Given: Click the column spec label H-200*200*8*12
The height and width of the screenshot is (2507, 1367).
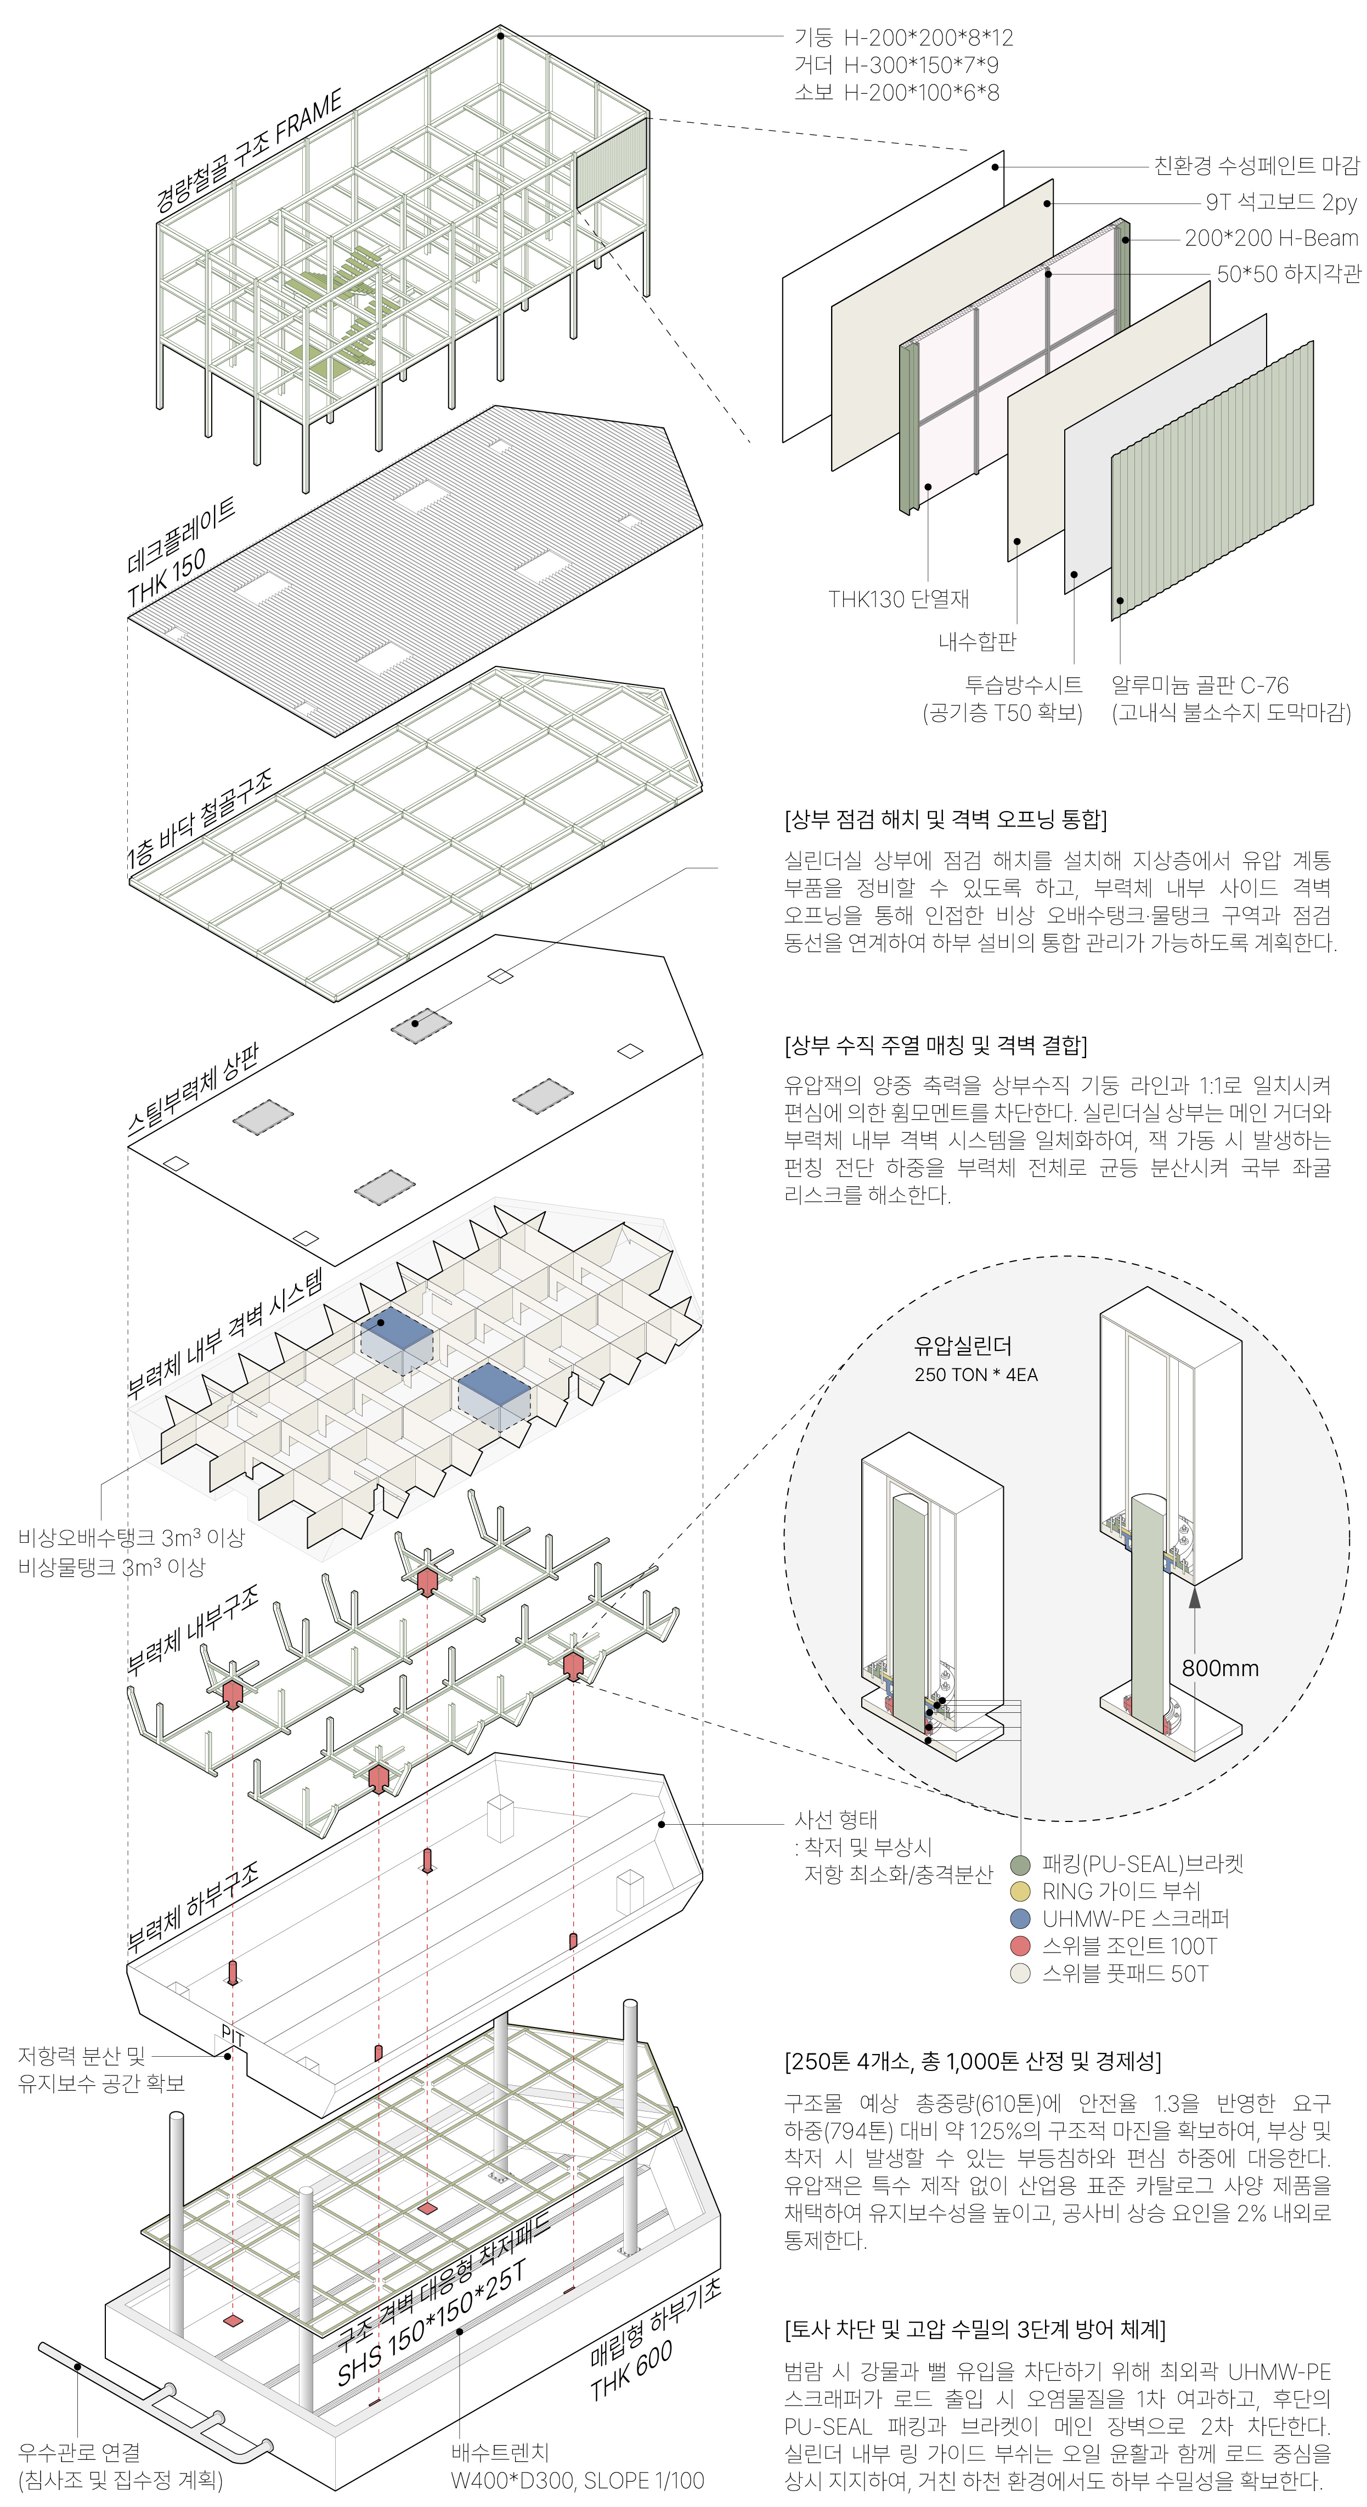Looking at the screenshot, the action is pos(928,38).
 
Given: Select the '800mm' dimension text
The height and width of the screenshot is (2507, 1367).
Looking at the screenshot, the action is pos(1220,1668).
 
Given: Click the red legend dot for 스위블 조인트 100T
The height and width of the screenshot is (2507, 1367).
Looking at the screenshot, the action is pos(1020,1946).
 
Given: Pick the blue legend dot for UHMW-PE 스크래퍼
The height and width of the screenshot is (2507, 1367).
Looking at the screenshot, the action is pos(1020,1919).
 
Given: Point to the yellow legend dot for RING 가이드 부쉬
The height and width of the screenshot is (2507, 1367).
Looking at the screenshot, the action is pos(1020,1892).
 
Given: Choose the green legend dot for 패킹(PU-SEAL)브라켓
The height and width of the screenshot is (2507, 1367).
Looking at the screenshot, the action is pos(1020,1865).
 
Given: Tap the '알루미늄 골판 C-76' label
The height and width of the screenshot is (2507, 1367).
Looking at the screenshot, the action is pos(1200,684).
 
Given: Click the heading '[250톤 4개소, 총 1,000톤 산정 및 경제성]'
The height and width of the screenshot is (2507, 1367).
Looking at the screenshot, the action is pos(971,2061).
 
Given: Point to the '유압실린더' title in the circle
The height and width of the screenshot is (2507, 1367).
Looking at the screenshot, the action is pos(963,1346).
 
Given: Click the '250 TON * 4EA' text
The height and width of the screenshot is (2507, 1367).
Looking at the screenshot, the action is pos(975,1375).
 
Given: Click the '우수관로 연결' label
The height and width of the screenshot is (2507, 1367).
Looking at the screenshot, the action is pos(79,2452).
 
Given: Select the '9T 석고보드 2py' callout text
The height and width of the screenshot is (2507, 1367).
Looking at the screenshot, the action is pos(1281,202).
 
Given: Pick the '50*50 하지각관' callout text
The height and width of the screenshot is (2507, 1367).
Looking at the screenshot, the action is pos(1289,274).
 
